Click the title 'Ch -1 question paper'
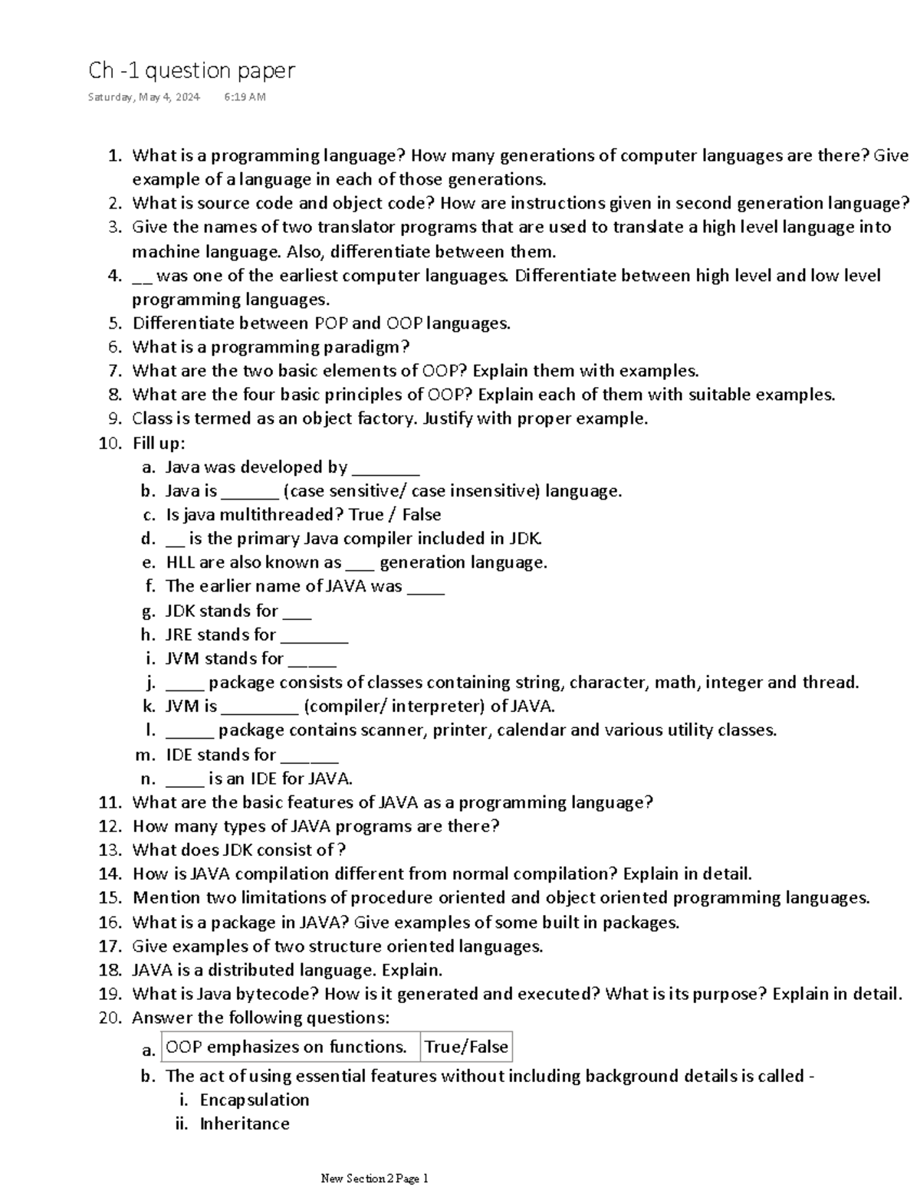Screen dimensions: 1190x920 point(192,70)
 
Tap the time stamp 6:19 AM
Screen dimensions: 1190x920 point(245,97)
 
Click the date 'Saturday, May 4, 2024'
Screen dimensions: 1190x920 point(144,97)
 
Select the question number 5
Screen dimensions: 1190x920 point(114,323)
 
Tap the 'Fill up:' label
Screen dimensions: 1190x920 point(159,443)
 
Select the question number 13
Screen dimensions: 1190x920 point(110,850)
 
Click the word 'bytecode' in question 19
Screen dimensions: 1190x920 point(277,994)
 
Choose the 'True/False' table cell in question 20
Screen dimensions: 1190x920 point(466,1047)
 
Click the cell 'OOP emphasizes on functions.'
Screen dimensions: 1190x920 point(287,1047)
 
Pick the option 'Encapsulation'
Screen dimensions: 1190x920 point(255,1100)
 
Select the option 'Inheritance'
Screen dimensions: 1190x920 point(245,1123)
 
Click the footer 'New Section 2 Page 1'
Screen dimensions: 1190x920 point(375,1179)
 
